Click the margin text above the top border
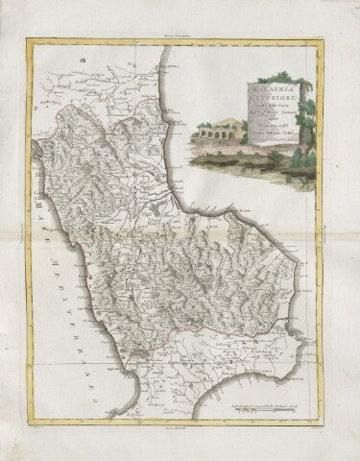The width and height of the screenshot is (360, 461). pos(180,34)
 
